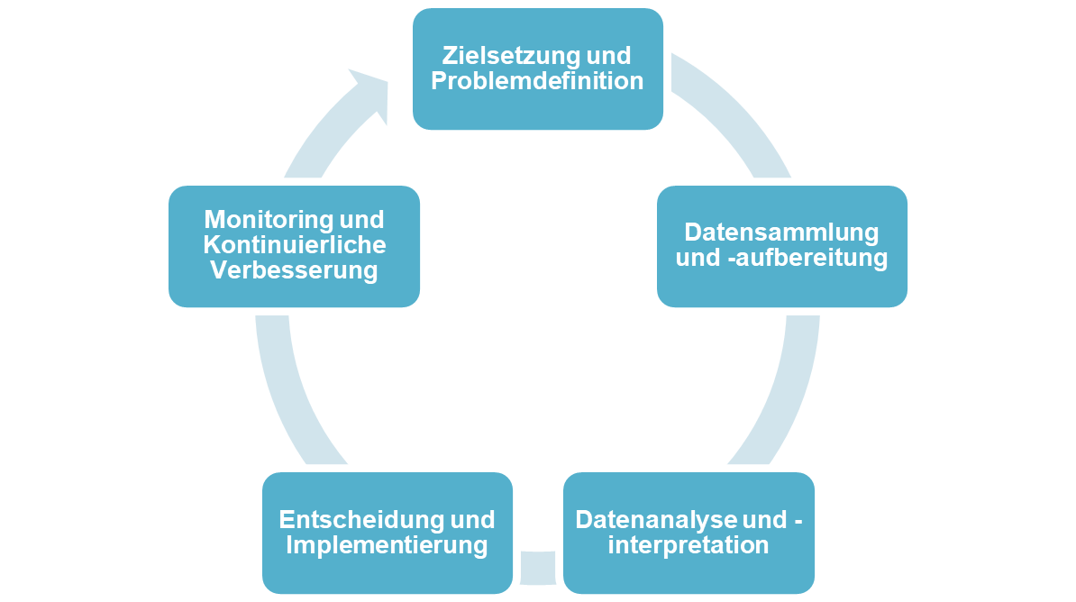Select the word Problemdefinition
(x=537, y=81)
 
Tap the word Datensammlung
(x=781, y=232)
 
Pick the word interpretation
(x=688, y=545)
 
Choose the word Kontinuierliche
(x=294, y=244)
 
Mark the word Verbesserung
(x=294, y=270)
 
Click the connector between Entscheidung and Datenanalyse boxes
(x=538, y=567)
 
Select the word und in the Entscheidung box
(x=473, y=520)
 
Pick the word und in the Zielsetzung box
(x=608, y=56)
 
